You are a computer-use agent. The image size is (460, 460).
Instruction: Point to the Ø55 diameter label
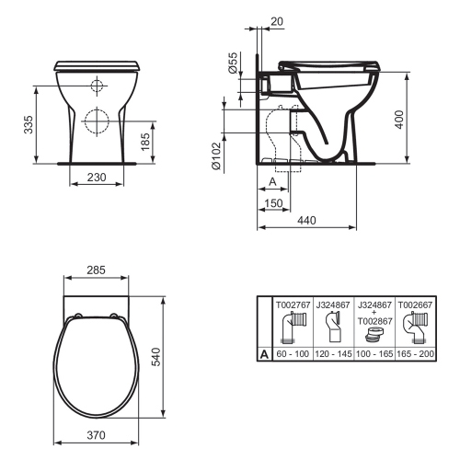pos(233,64)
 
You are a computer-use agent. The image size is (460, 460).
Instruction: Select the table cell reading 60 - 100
pos(293,352)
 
